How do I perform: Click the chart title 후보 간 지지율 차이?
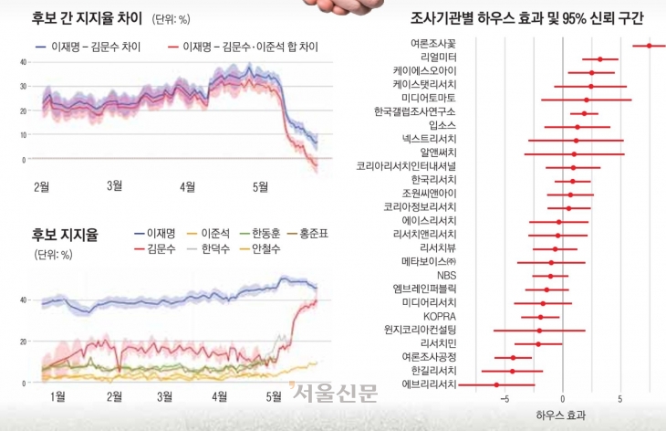click(81, 17)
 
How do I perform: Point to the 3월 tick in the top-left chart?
click(115, 186)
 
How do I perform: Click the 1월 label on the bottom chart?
click(57, 396)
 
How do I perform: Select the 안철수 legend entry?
click(265, 248)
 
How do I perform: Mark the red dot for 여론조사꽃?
click(649, 45)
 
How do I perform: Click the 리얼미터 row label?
click(438, 58)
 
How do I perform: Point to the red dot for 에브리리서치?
click(496, 385)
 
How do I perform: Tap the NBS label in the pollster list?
click(446, 275)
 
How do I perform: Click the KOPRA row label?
click(441, 316)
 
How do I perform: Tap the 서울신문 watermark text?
click(335, 394)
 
